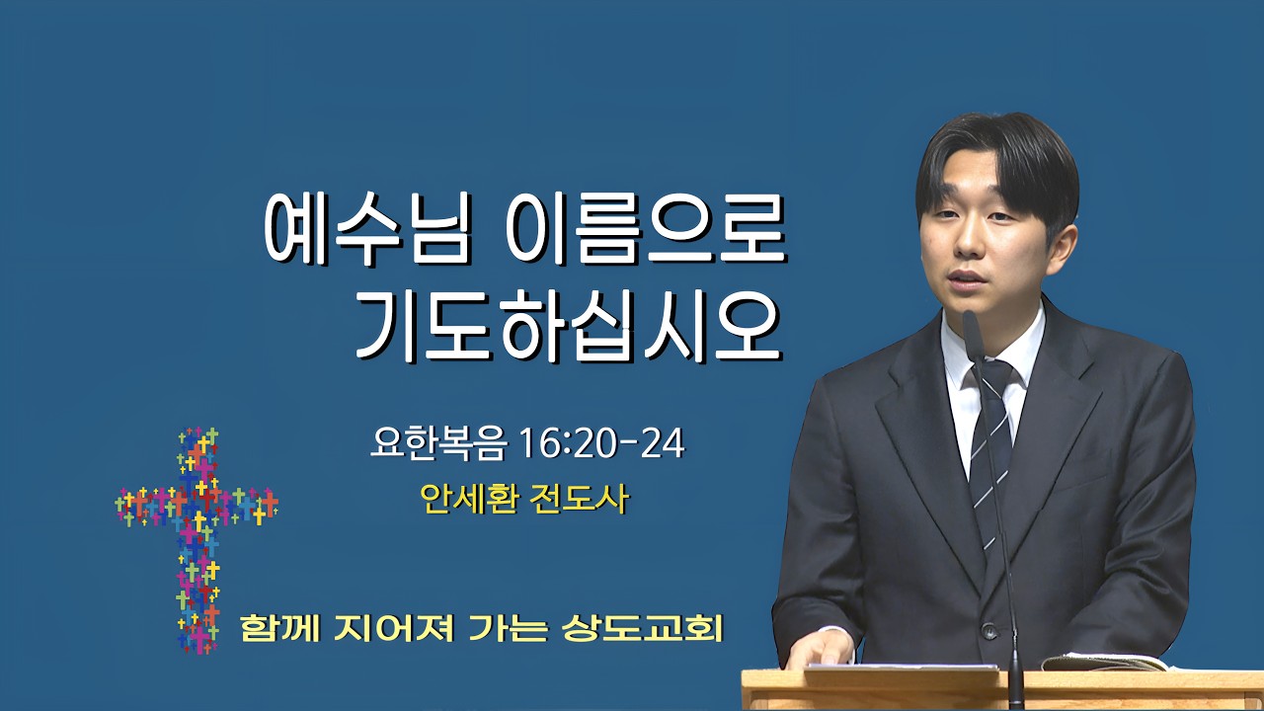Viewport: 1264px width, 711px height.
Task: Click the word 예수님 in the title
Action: pos(368,228)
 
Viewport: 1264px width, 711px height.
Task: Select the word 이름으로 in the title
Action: pos(646,228)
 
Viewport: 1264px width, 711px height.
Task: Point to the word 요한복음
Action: pos(438,443)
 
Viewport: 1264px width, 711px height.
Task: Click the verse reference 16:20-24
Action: pos(602,443)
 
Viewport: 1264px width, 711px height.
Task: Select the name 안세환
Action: pos(469,499)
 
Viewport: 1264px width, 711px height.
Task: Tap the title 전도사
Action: pos(580,499)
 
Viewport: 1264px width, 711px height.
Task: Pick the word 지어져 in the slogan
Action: pos(394,628)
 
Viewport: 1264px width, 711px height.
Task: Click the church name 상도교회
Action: pos(642,628)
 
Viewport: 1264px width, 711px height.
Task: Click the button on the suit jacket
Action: pos(988,630)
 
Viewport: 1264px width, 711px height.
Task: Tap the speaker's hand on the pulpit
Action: pos(821,649)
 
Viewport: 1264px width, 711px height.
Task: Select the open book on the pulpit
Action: pos(1103,663)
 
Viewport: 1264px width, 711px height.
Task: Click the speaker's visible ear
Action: pos(1063,248)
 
